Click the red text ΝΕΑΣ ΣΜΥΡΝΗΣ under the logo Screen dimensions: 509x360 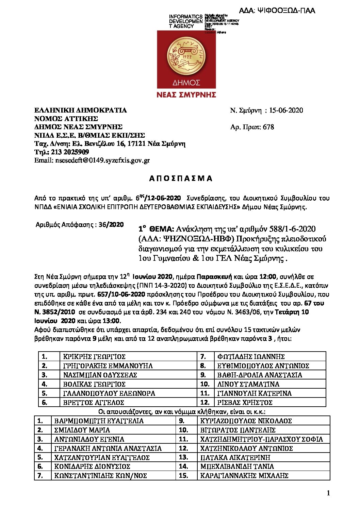186,95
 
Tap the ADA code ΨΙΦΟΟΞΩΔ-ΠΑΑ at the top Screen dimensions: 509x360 277,11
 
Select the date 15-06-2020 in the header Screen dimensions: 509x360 286,110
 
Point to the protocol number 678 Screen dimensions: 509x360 268,127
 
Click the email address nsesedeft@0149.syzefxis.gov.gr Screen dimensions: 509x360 92,160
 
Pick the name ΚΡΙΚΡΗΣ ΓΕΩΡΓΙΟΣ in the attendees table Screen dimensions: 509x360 94,357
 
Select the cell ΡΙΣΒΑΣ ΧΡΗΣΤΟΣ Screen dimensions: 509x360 245,403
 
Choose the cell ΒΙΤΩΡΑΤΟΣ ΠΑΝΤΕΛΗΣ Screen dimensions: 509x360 238,430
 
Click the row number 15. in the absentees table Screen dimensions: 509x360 183,476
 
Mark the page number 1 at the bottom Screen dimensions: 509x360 328,493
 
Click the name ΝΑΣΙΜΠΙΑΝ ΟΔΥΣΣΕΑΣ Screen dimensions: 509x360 100,375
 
